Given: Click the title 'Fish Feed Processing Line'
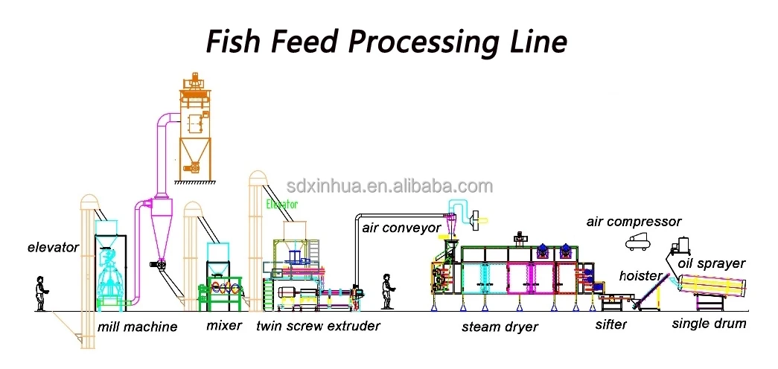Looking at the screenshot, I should click(x=386, y=42).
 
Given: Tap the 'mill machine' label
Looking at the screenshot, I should click(x=137, y=327).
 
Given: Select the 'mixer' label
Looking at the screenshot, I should click(x=224, y=325).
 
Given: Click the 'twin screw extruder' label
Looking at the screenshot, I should click(x=318, y=326).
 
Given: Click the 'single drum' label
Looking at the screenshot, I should click(x=709, y=324).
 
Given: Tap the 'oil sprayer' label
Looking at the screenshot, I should click(x=711, y=263).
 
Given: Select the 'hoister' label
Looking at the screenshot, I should click(x=640, y=276).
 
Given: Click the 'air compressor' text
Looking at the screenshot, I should click(x=634, y=222).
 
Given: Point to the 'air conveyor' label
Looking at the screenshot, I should click(x=401, y=228).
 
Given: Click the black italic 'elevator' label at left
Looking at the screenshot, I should click(x=54, y=247).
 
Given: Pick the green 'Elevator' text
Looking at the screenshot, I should click(x=281, y=204).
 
